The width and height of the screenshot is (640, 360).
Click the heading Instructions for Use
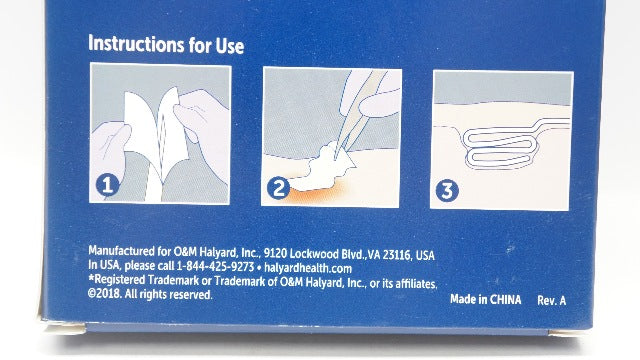point(166,44)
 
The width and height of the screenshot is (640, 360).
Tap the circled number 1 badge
point(107,185)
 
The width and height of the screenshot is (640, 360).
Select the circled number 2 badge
point(278,189)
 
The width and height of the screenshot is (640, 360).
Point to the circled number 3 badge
point(447,191)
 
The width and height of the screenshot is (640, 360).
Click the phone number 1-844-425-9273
point(215,266)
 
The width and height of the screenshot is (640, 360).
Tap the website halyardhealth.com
point(308,268)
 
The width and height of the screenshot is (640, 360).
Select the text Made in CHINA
point(486,299)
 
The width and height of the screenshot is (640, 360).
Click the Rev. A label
point(551,300)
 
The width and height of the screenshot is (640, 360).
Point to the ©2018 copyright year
point(104,293)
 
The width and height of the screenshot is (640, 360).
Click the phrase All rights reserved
point(168,294)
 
